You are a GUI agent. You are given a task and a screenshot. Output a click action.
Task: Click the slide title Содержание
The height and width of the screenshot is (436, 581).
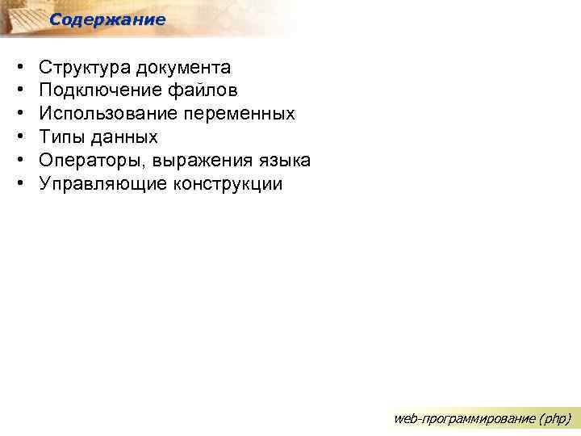[107, 19]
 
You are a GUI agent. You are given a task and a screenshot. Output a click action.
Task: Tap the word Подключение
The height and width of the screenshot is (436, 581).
[96, 90]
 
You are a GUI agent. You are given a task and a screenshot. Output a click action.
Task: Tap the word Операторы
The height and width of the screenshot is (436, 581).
[87, 161]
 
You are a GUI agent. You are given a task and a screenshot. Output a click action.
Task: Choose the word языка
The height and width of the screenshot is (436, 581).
[282, 161]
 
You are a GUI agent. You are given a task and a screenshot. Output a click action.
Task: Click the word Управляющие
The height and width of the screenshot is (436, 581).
[98, 184]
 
